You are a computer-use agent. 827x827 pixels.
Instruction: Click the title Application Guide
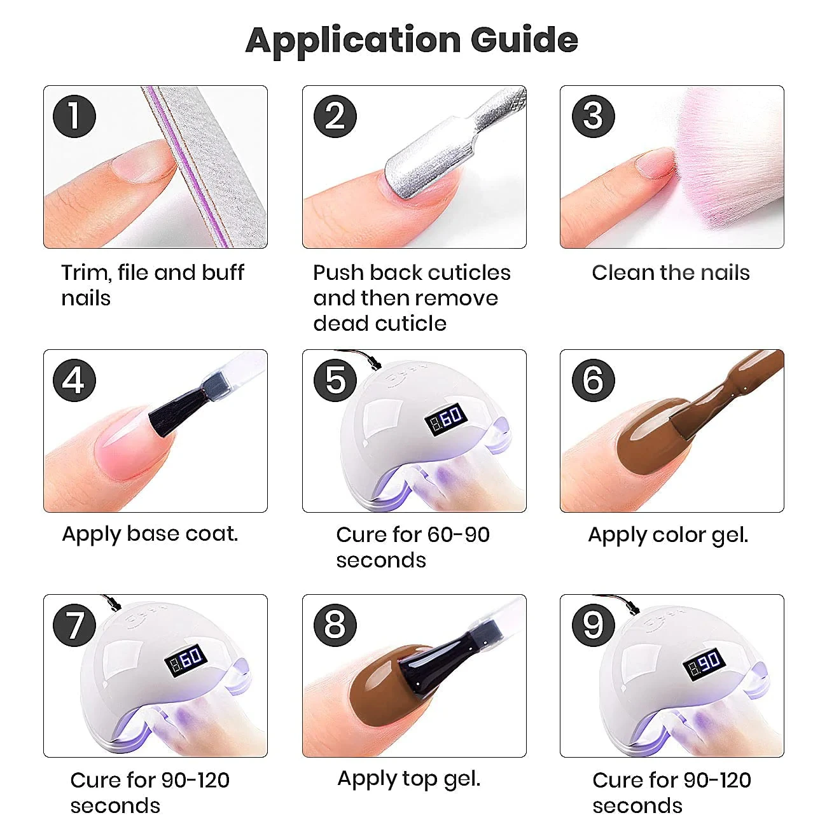(412, 40)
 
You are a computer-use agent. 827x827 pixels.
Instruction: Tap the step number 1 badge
(74, 116)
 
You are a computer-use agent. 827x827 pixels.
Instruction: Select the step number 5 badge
(335, 380)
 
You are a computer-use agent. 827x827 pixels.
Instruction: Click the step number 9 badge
(593, 625)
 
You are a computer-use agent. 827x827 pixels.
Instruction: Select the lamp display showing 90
(704, 664)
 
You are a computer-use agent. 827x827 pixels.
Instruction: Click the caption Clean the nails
(671, 273)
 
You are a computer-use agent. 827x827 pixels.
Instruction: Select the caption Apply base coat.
(150, 534)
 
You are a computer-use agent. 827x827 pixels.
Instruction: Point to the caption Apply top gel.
(409, 779)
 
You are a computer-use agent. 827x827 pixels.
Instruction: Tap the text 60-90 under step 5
(458, 534)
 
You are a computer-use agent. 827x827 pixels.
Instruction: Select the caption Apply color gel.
(668, 535)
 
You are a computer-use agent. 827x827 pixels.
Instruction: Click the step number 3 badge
(593, 116)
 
